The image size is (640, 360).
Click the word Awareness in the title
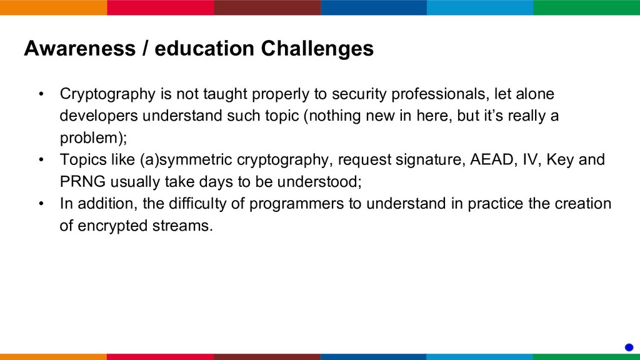(x=79, y=48)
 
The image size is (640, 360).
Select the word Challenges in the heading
(x=317, y=48)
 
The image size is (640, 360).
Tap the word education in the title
(x=204, y=48)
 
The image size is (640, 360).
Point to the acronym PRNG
(x=83, y=181)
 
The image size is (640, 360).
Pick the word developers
(x=99, y=116)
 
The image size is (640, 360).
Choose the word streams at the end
(x=183, y=226)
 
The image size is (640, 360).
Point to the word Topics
(x=83, y=159)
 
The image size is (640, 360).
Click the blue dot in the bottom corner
(x=629, y=347)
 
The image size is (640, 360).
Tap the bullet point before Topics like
(x=41, y=159)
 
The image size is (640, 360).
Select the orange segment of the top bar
(x=54, y=7)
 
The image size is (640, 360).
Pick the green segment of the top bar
(x=586, y=7)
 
